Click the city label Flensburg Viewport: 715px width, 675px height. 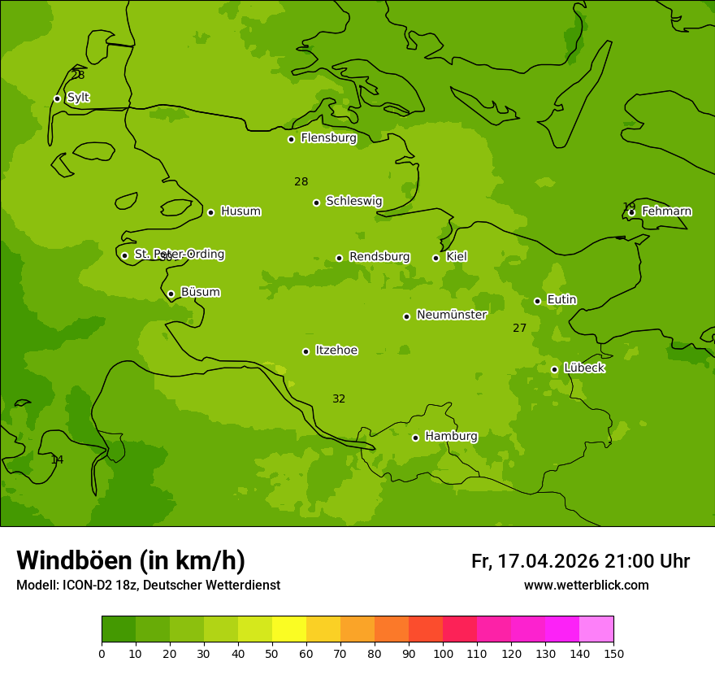coord(328,138)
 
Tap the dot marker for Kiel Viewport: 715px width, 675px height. coord(435,258)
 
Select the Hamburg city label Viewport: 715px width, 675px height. coord(451,437)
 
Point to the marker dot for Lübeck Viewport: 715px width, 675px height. coord(554,369)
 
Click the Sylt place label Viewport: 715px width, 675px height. coord(78,98)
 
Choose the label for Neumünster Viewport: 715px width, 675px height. coord(452,315)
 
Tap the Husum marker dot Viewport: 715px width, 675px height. coord(210,212)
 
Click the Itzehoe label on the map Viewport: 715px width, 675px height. coord(336,351)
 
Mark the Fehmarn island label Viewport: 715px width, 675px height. coord(666,211)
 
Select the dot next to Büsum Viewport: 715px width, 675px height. coord(171,294)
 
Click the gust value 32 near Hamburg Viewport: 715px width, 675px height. coord(339,399)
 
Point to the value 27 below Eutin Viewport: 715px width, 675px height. coord(520,329)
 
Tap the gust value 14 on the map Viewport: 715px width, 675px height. coord(57,460)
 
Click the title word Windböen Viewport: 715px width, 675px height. coord(74,560)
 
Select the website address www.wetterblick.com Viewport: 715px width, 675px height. coord(586,585)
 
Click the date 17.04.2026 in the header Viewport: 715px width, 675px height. coord(548,561)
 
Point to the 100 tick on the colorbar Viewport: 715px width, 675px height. coord(443,653)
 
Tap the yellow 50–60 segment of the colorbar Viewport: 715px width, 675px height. coord(289,629)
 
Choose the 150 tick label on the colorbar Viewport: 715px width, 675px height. coord(613,653)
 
